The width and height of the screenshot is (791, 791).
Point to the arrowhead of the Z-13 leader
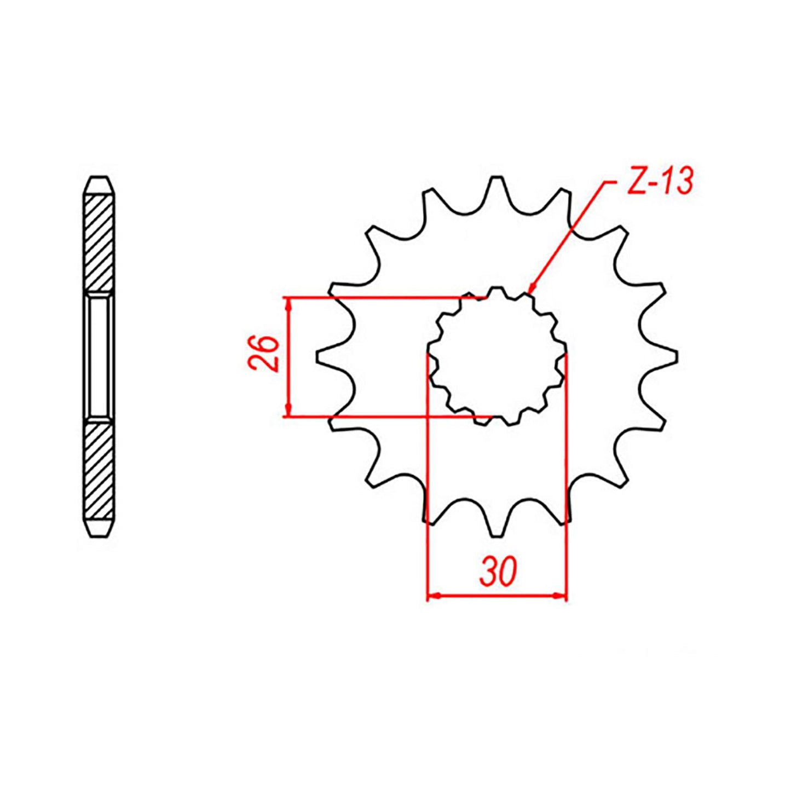pos(531,290)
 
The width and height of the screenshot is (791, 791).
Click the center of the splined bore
pos(496,356)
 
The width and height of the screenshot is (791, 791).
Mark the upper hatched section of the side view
pos(99,243)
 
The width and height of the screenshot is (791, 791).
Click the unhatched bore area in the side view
pos(99,356)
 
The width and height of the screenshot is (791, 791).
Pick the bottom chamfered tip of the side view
pos(99,528)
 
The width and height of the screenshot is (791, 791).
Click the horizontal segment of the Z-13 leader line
pos(613,181)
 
